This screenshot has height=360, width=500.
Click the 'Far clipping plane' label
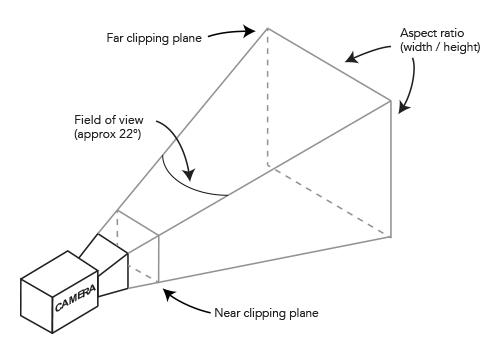154,38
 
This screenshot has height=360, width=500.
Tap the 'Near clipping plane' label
266,313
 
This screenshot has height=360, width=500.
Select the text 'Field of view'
109,120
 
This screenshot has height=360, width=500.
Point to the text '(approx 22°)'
108,134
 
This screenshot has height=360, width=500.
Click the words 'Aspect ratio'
432,33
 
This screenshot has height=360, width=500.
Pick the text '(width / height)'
440,47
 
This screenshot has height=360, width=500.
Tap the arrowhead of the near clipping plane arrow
169,295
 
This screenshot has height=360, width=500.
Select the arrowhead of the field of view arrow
189,175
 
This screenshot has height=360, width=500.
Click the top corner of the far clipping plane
267,29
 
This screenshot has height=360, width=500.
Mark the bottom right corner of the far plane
391,237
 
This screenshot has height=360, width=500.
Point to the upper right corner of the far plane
391,100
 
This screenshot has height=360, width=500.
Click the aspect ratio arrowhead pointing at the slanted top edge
352,58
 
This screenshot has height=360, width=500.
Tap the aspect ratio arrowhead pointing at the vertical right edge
404,108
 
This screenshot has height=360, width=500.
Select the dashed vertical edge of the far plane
267,97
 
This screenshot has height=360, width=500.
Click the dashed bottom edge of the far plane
329,201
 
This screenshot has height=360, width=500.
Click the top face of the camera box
59,273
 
